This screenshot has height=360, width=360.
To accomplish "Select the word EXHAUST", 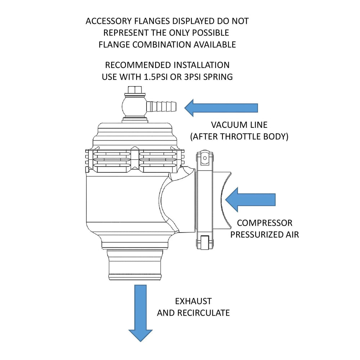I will pyautogui.click(x=193, y=301).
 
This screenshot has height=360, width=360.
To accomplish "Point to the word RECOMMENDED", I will pyautogui.click(x=138, y=65).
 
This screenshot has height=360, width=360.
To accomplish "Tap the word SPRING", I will pyautogui.click(x=219, y=77).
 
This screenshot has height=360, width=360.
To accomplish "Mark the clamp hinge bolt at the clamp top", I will pyautogui.click(x=204, y=157).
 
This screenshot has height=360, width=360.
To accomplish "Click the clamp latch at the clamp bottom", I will pyautogui.click(x=204, y=242).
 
